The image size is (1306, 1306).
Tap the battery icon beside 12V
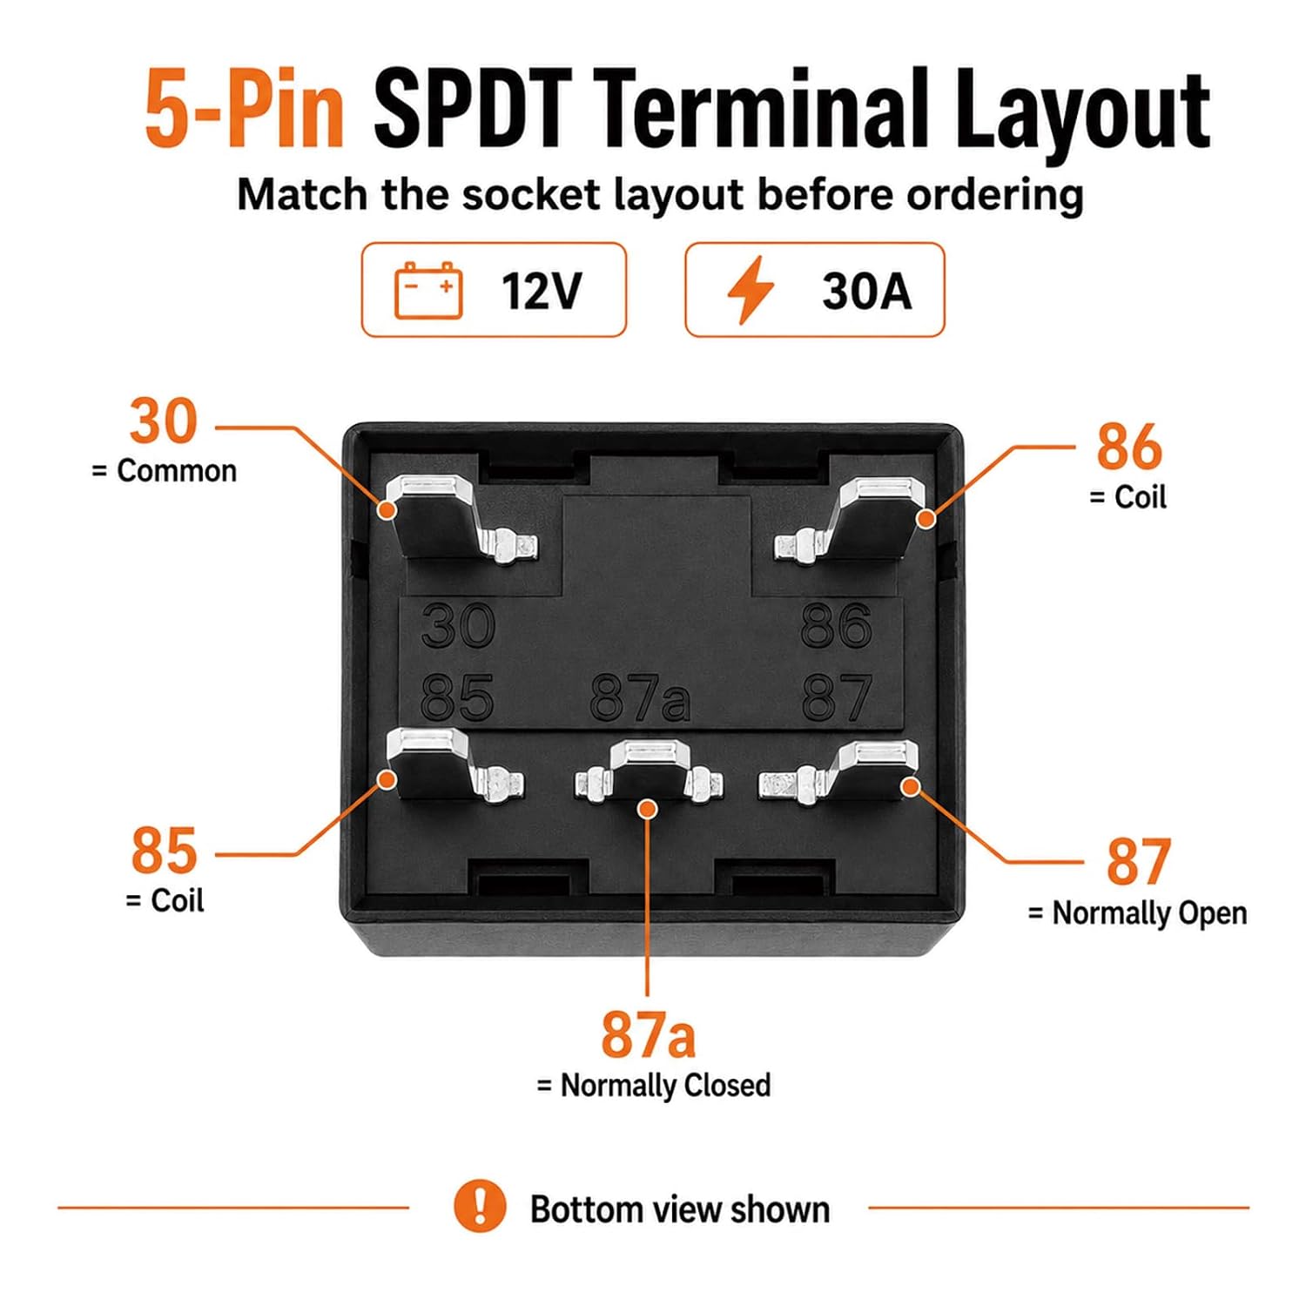(428, 290)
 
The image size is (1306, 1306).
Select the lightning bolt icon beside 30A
(751, 290)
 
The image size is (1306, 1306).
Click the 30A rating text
(866, 291)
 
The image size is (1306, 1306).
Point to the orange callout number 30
(164, 421)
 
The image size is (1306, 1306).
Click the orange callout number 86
(1128, 447)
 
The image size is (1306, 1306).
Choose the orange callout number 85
(164, 851)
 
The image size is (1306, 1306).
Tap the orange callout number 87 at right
(1138, 862)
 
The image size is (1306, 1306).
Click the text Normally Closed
(666, 1086)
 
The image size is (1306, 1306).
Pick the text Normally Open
(1149, 913)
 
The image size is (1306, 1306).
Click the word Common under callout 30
(177, 471)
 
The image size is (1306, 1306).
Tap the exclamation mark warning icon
(480, 1206)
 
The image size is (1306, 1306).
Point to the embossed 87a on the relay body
(640, 699)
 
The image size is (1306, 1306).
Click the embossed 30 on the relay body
(458, 625)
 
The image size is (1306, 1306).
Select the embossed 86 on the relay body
(836, 625)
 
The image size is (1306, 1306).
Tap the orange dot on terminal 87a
(646, 809)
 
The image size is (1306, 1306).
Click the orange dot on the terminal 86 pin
(927, 519)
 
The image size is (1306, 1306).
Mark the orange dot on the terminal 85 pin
(386, 779)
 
